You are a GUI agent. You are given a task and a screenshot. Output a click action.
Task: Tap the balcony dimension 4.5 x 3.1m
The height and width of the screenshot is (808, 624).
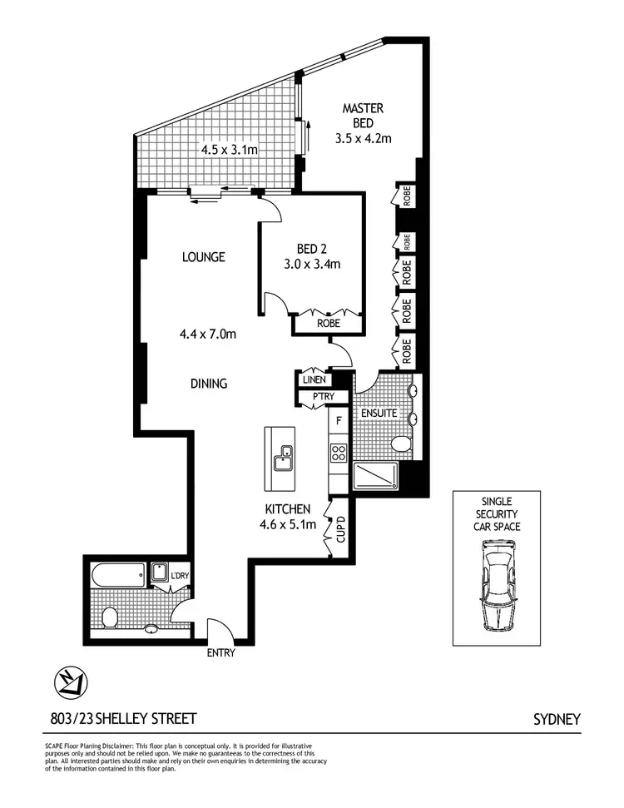(x=229, y=151)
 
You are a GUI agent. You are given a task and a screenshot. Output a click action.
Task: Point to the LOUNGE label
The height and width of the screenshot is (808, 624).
(x=204, y=257)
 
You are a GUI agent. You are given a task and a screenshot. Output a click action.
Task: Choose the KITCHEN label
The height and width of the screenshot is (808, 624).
(x=288, y=509)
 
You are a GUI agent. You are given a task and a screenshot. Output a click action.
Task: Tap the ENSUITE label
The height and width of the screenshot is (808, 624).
(x=378, y=414)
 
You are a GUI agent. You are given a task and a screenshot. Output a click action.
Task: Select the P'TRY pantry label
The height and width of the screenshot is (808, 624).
(x=323, y=397)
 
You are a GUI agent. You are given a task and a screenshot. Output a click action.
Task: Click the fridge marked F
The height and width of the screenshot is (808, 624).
(x=339, y=421)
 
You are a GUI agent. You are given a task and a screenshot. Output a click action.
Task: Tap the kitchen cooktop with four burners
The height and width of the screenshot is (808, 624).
(x=339, y=453)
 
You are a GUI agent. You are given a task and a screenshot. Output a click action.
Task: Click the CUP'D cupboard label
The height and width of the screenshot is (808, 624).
(x=340, y=528)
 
